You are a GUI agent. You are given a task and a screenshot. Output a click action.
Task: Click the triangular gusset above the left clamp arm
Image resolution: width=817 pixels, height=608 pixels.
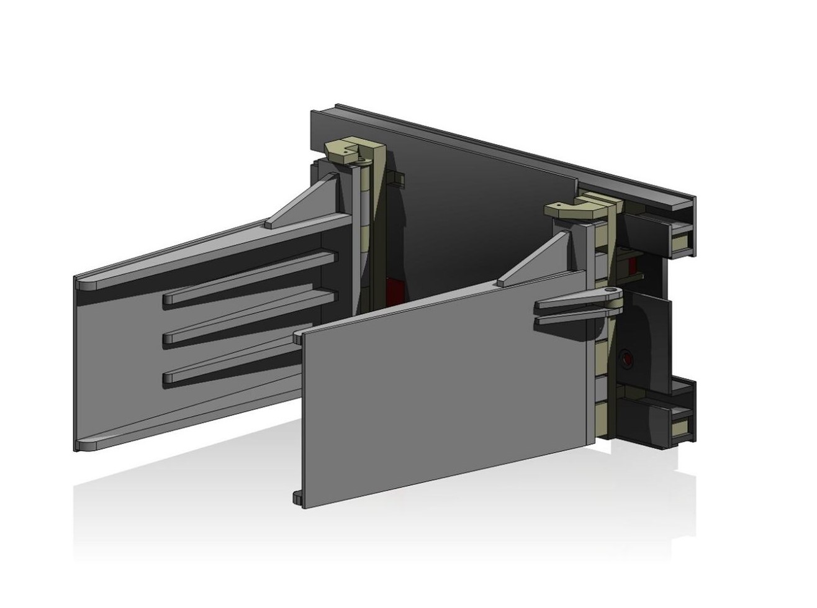pyautogui.click(x=304, y=202)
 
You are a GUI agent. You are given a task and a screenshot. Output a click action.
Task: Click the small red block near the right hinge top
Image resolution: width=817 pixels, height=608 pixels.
pyautogui.click(x=632, y=266)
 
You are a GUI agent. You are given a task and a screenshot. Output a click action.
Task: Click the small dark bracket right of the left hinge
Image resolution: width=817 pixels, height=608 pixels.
pyautogui.click(x=399, y=179)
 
